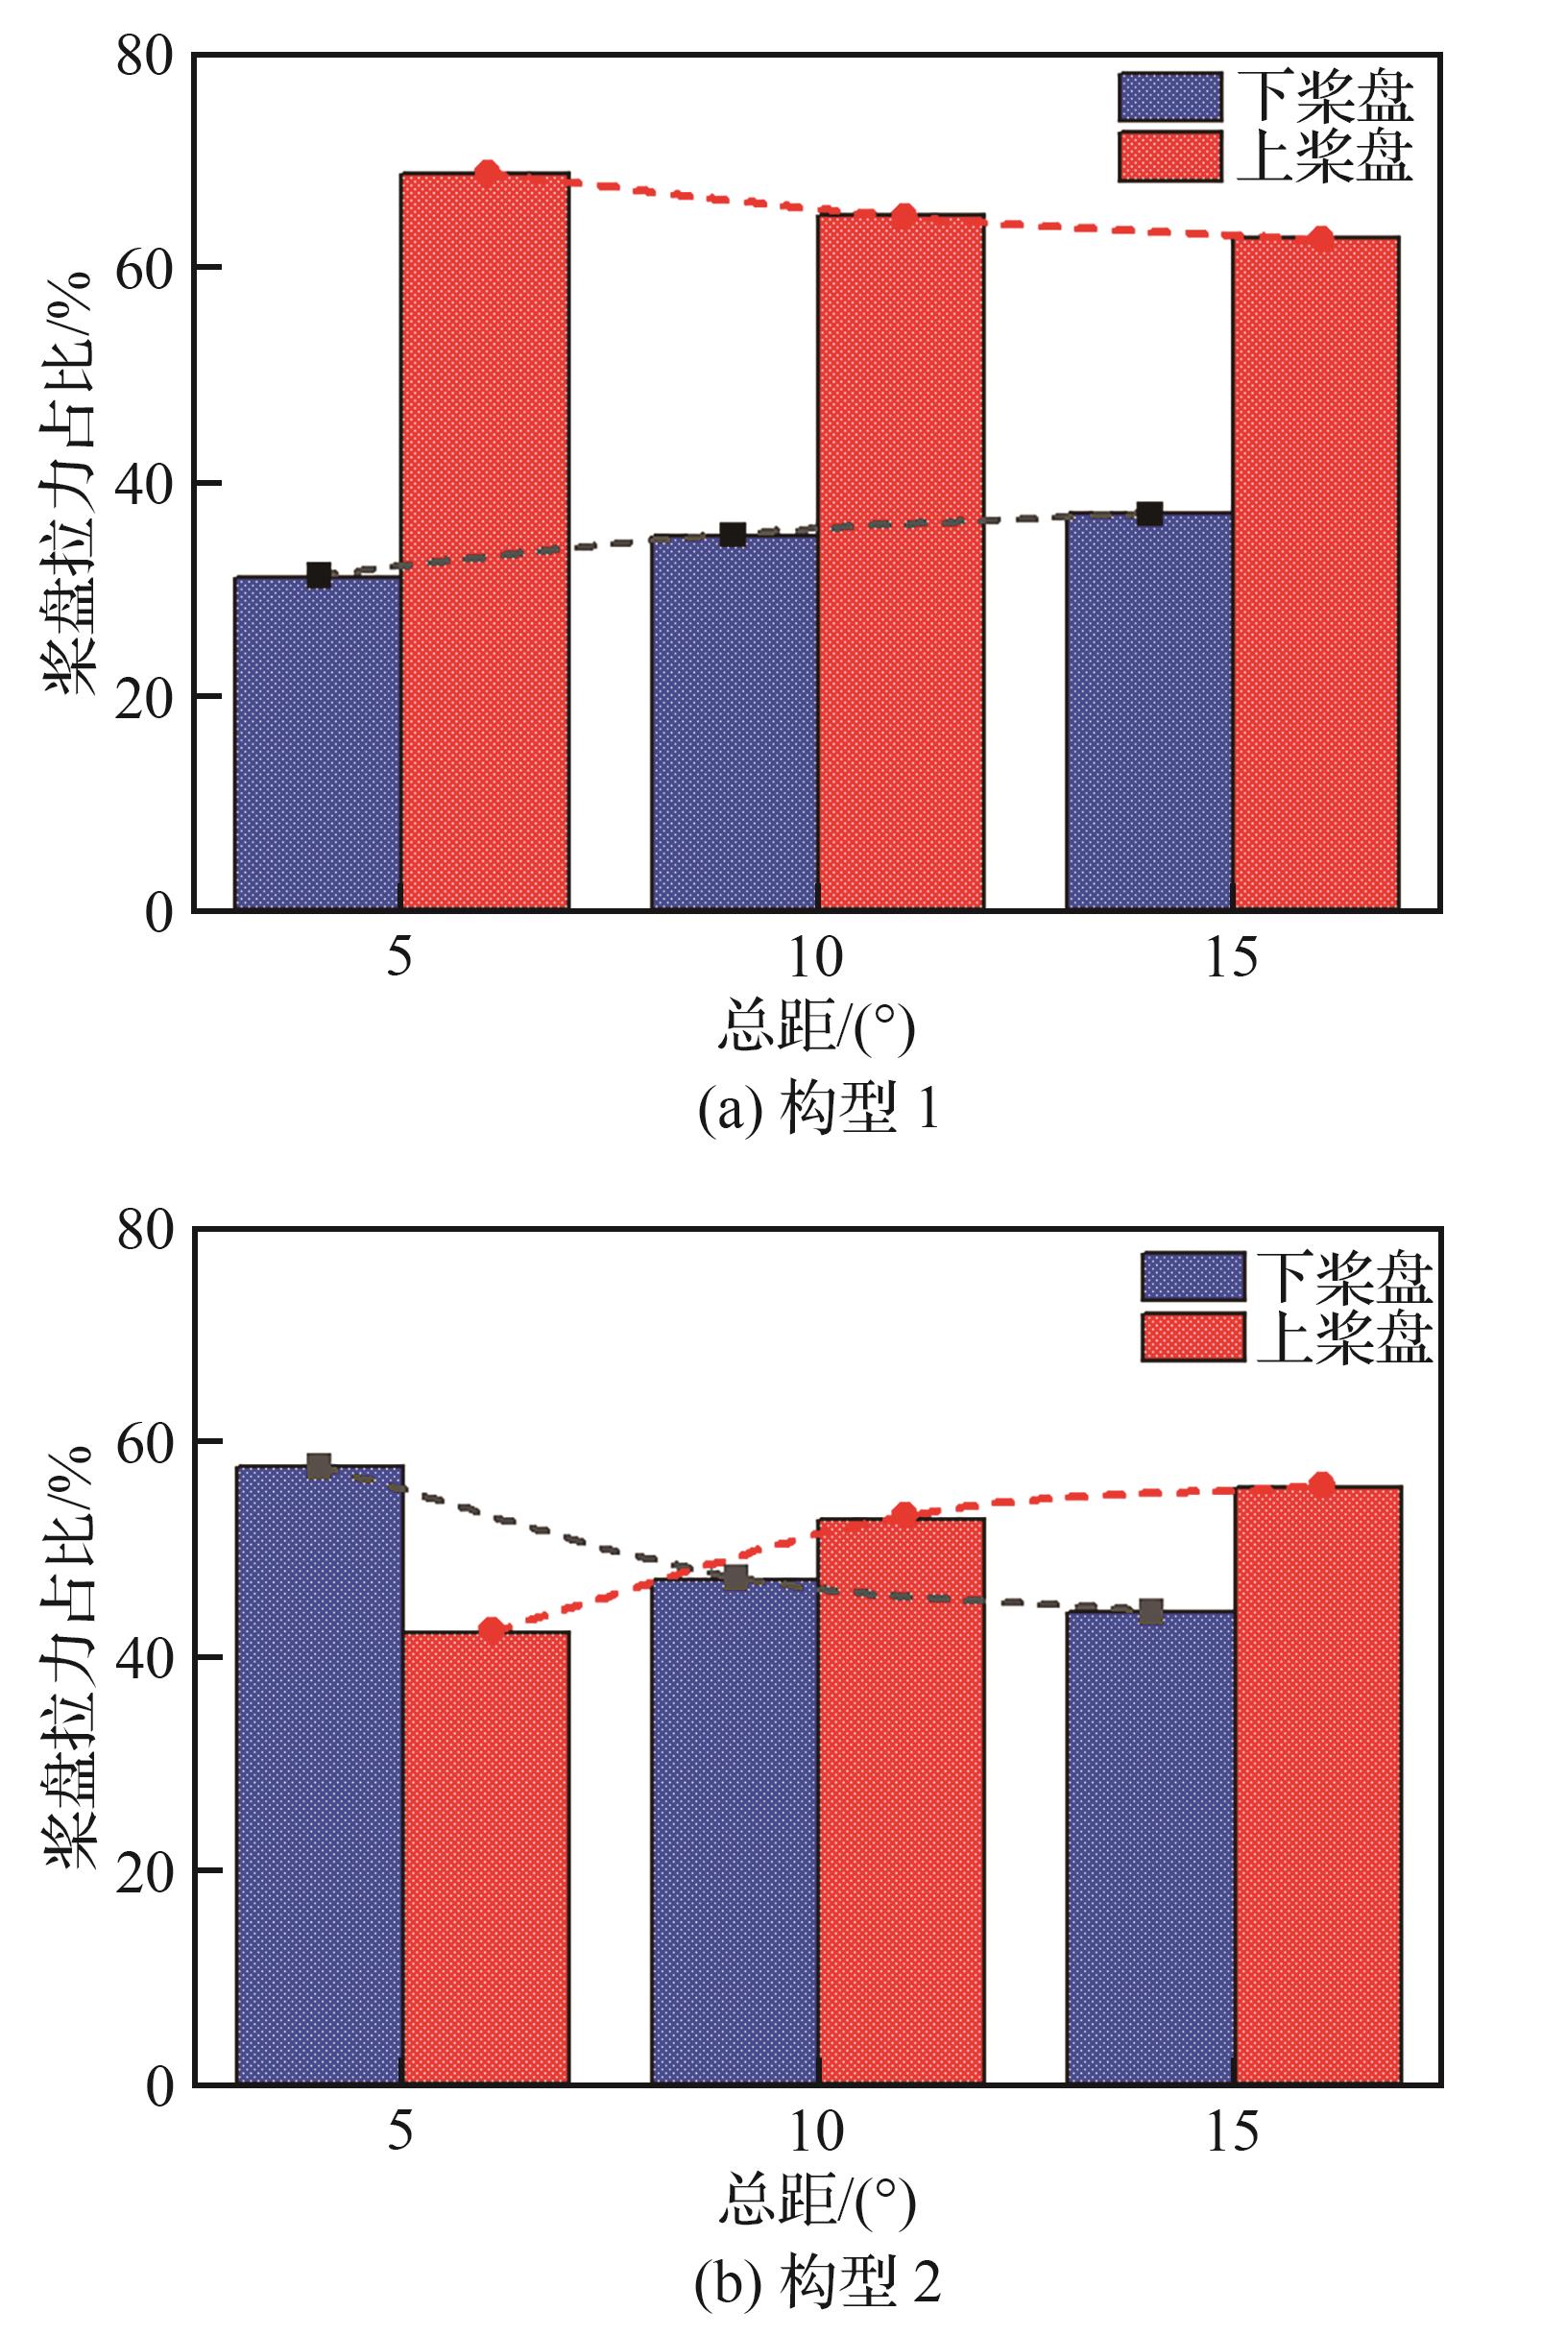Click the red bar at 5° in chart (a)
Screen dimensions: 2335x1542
485,541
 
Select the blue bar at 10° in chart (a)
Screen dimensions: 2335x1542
734,723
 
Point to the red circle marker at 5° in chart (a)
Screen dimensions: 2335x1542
488,173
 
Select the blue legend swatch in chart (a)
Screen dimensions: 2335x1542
1169,96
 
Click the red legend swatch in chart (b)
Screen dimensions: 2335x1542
1193,1336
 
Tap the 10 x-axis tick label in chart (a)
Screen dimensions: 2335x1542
815,955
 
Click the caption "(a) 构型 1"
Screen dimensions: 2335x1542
818,1111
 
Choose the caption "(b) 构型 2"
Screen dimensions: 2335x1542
818,2279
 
